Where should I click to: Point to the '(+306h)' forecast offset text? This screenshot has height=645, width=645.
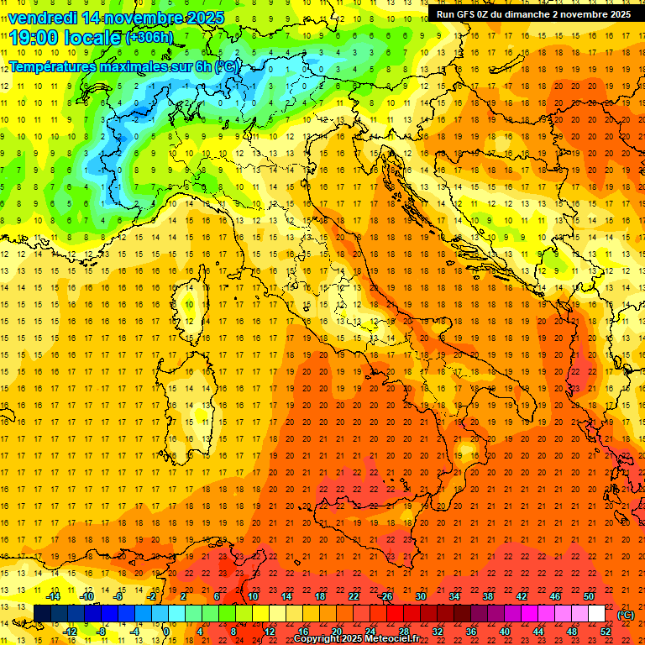coord(149,39)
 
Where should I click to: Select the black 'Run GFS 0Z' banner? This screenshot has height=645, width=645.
coord(532,14)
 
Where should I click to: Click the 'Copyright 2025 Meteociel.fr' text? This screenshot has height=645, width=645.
coord(358,639)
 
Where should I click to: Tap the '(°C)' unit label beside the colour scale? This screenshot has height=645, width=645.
coord(626,615)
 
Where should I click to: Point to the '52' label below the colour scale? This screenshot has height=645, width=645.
coord(606,632)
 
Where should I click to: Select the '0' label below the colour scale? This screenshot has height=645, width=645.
coord(167,632)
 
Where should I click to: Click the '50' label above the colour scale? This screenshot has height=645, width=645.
coord(589,596)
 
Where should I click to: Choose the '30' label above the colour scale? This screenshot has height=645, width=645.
coord(421,596)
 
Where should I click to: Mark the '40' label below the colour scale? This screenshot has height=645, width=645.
coord(505,632)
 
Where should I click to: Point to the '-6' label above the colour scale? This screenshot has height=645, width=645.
coord(118,596)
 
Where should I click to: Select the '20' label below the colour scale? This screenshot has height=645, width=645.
coord(337,632)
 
